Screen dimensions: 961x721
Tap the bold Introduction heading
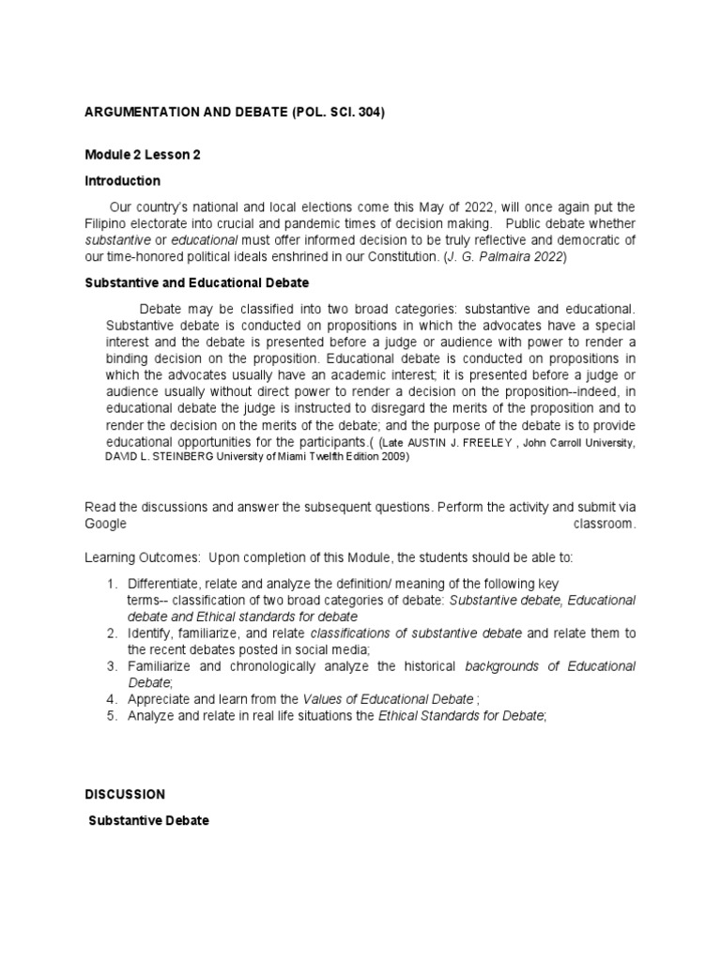click(x=122, y=180)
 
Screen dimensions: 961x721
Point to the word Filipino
click(x=107, y=223)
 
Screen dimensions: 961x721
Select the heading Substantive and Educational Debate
click(x=196, y=282)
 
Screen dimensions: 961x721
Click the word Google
click(x=104, y=524)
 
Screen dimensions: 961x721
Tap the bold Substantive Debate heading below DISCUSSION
click(x=148, y=820)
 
